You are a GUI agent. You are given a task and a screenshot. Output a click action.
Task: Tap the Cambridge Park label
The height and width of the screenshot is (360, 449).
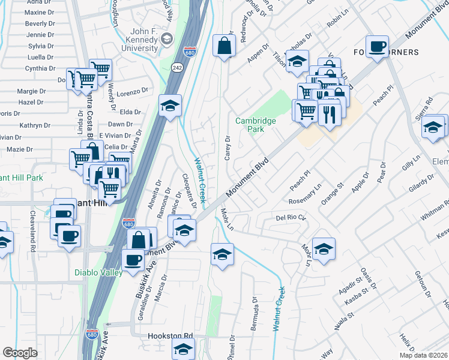[255, 125]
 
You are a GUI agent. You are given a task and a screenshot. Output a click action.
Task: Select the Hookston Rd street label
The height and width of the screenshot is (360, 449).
[171, 337]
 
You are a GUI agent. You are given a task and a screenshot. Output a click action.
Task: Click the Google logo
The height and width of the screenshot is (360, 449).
[20, 352]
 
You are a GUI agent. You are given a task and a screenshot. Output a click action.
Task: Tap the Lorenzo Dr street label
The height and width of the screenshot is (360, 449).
[132, 93]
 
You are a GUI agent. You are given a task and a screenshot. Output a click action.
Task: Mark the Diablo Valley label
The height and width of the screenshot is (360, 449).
[98, 272]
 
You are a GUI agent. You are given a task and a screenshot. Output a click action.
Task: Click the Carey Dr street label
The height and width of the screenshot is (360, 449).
[228, 147]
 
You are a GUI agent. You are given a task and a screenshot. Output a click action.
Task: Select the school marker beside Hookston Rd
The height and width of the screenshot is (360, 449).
[184, 348]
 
